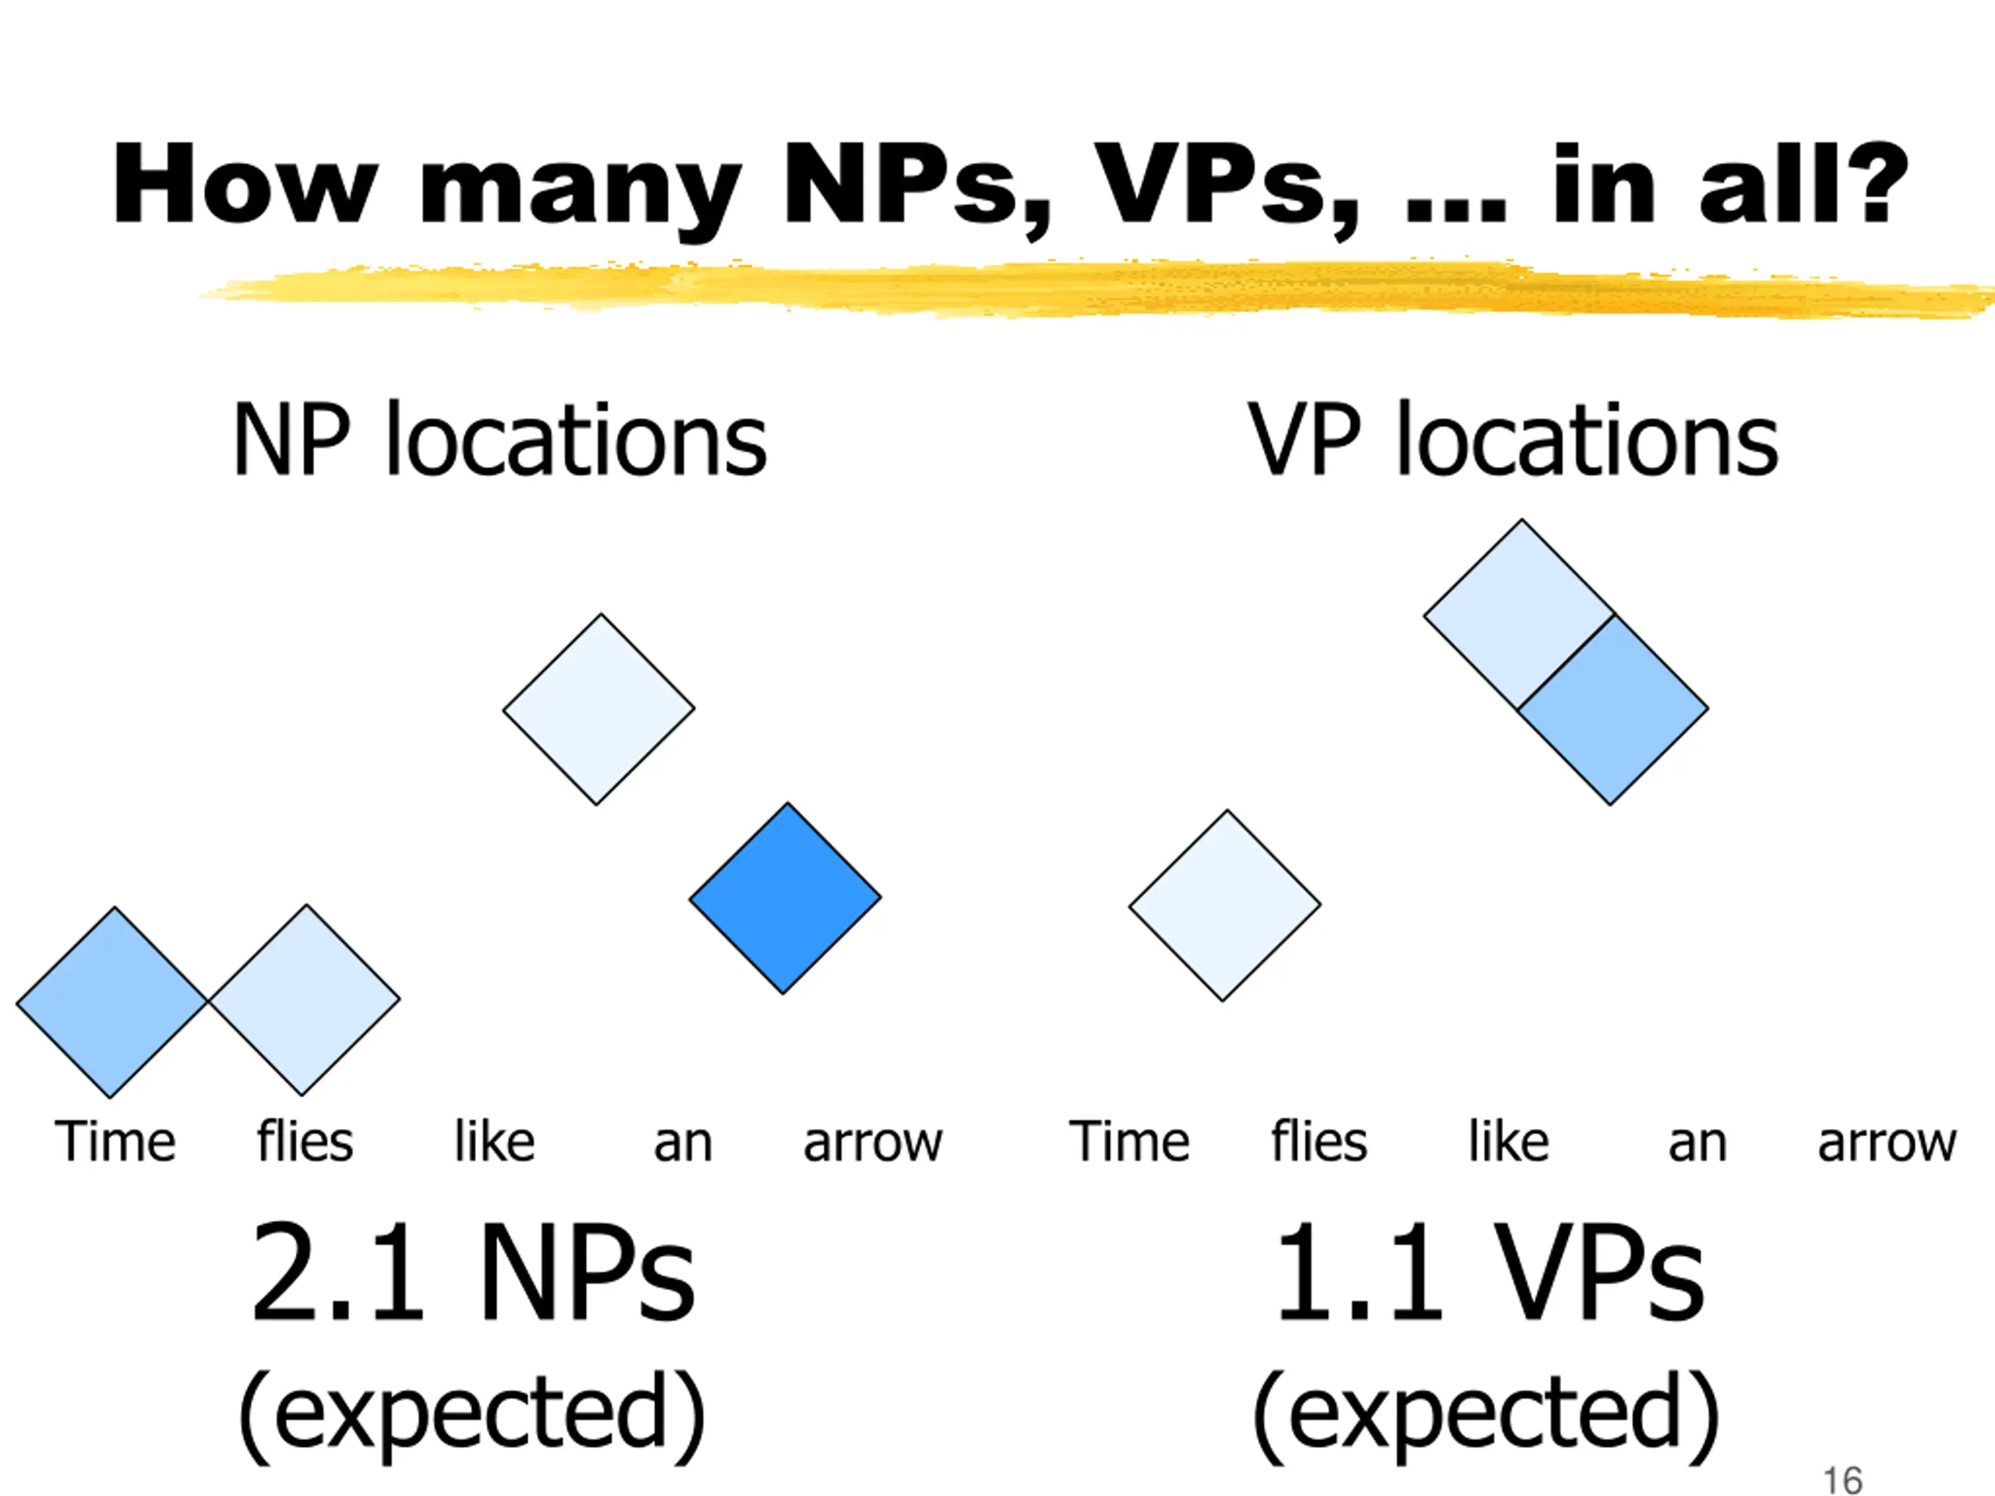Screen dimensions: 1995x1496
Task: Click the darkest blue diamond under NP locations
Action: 785,898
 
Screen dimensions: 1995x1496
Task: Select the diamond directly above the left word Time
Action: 113,1002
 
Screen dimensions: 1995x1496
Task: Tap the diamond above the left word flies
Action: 304,1000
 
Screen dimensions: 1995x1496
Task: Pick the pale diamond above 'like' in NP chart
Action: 598,710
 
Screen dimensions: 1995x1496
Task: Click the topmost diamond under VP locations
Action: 1519,615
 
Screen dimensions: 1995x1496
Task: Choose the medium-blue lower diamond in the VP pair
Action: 1612,710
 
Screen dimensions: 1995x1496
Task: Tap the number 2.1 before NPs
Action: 337,1272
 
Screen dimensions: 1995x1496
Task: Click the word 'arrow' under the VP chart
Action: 1887,1143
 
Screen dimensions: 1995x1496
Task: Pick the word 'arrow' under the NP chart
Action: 872,1143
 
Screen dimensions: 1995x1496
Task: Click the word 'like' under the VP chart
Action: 1509,1141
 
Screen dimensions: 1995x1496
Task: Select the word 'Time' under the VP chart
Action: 1129,1141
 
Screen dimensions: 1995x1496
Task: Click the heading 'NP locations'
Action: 500,440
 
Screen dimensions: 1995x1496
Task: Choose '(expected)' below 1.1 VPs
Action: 1485,1414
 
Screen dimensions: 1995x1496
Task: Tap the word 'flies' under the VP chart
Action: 1319,1141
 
